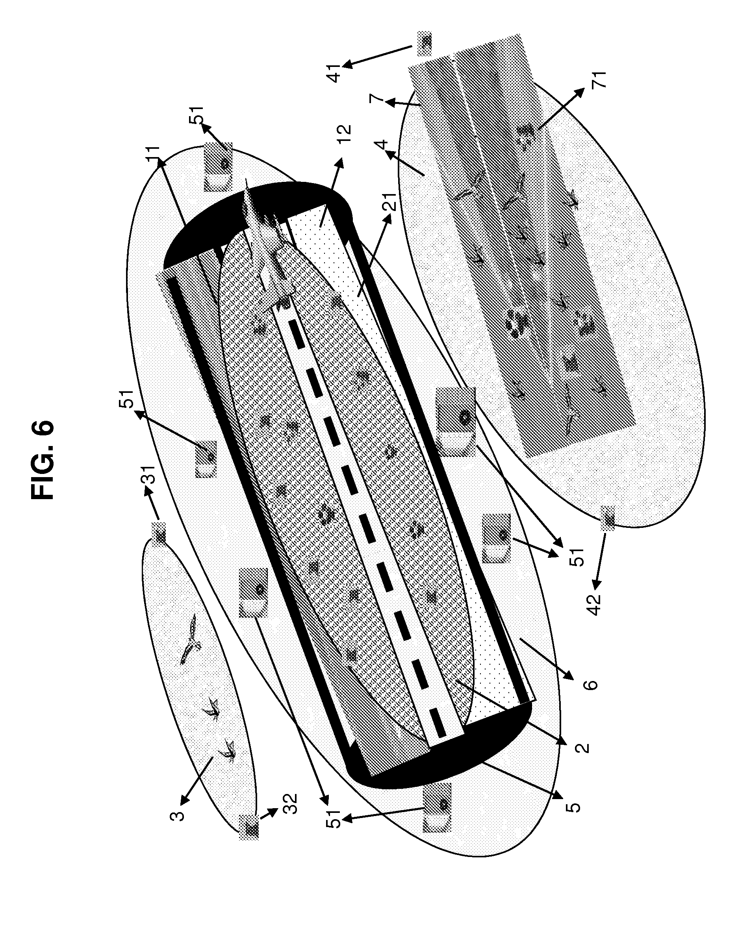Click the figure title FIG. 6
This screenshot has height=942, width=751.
click(x=43, y=460)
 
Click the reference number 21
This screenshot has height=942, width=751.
click(x=390, y=202)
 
